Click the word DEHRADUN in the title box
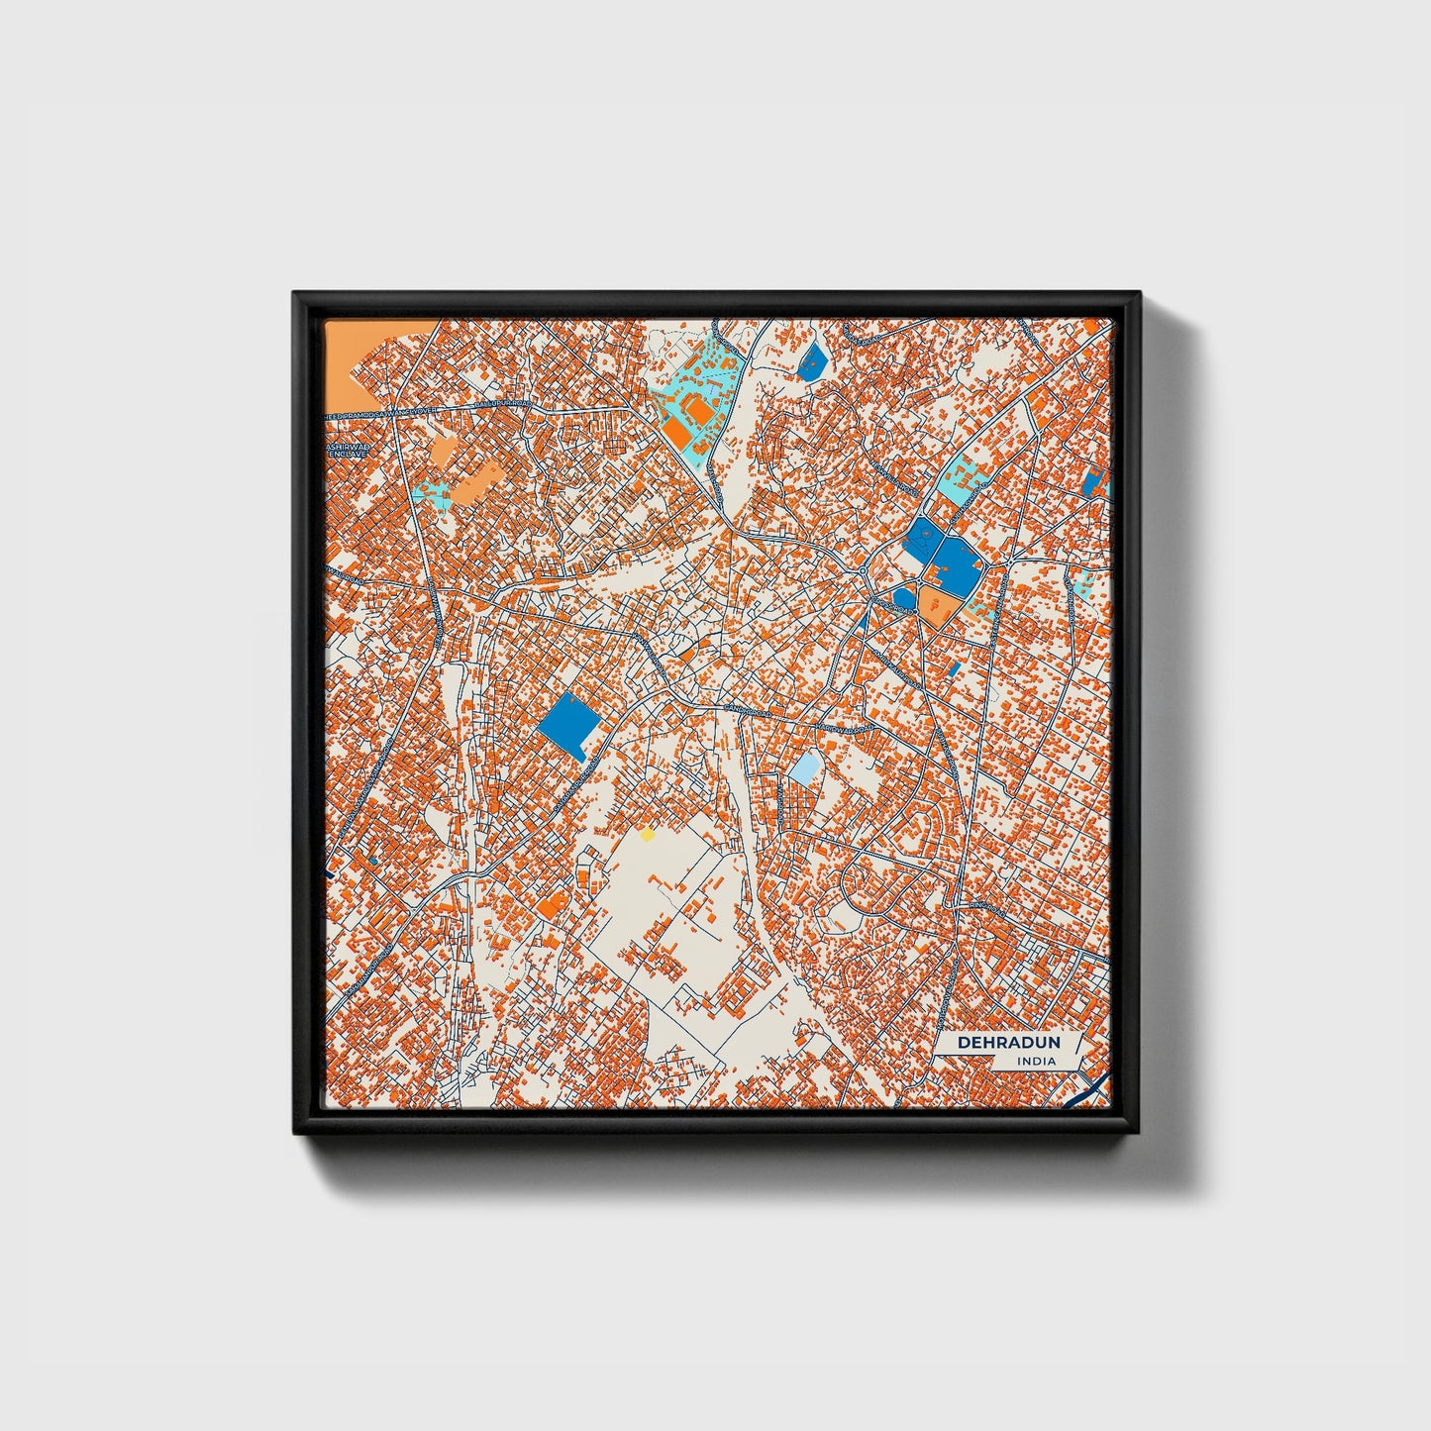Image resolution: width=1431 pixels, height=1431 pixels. pyautogui.click(x=1008, y=1042)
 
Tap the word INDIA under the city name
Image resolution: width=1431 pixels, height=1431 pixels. pyautogui.click(x=1036, y=1062)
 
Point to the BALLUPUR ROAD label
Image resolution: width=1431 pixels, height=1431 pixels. pyautogui.click(x=502, y=405)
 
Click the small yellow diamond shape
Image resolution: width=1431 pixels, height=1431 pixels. pyautogui.click(x=648, y=835)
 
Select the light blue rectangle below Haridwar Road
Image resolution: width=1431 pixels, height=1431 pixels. pyautogui.click(x=806, y=767)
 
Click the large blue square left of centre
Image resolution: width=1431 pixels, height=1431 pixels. pyautogui.click(x=569, y=725)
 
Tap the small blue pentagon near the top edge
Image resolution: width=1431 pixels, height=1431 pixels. pyautogui.click(x=813, y=361)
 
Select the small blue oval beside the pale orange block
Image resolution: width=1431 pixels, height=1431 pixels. pyautogui.click(x=905, y=596)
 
